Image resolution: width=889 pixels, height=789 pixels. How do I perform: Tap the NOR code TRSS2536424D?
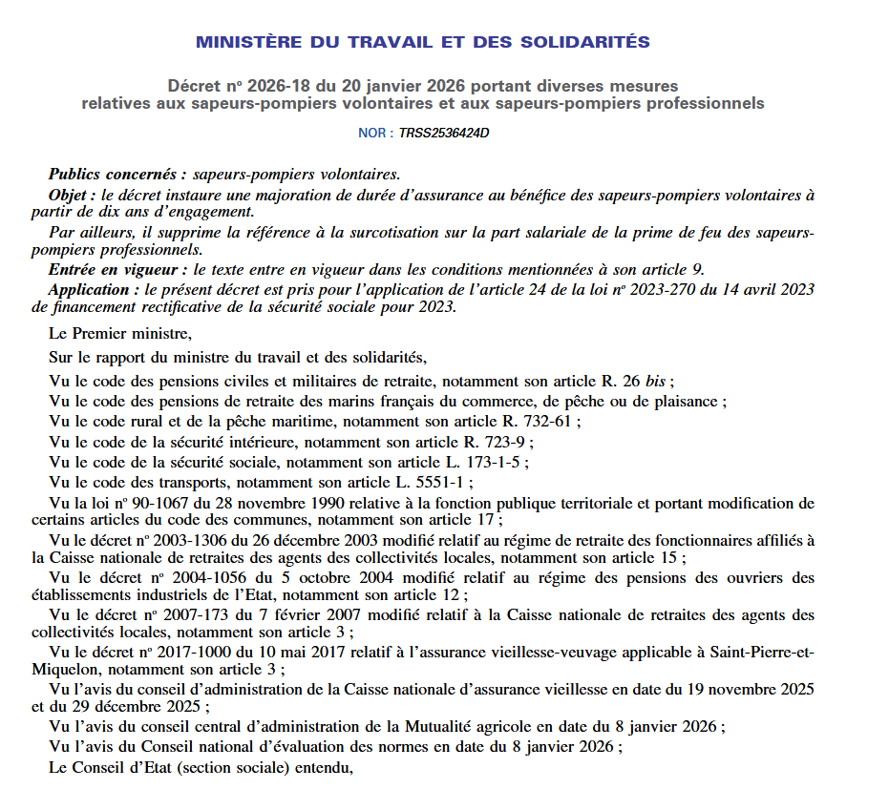coord(444,134)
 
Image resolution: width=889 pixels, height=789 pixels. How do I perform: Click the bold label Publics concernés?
coord(116,175)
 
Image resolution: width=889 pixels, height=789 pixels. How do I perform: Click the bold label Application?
coord(93,289)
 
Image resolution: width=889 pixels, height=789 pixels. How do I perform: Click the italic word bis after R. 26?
coord(654,381)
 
